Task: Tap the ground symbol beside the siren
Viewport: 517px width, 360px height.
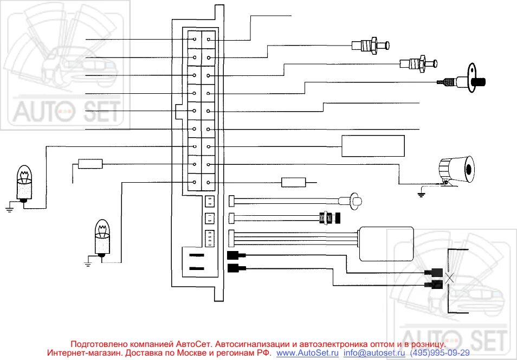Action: point(421,192)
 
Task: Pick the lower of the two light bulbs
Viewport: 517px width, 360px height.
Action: point(102,237)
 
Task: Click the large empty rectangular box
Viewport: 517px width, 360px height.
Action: point(373,146)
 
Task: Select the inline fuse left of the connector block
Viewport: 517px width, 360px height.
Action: point(91,164)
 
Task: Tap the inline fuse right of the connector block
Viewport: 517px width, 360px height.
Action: point(294,182)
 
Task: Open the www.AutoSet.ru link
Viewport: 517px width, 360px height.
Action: point(307,352)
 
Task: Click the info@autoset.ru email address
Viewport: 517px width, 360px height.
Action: point(374,352)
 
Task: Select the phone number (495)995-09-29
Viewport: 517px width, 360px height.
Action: point(440,352)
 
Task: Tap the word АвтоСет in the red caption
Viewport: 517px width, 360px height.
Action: point(194,344)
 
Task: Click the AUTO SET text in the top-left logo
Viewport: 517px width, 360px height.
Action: point(66,112)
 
